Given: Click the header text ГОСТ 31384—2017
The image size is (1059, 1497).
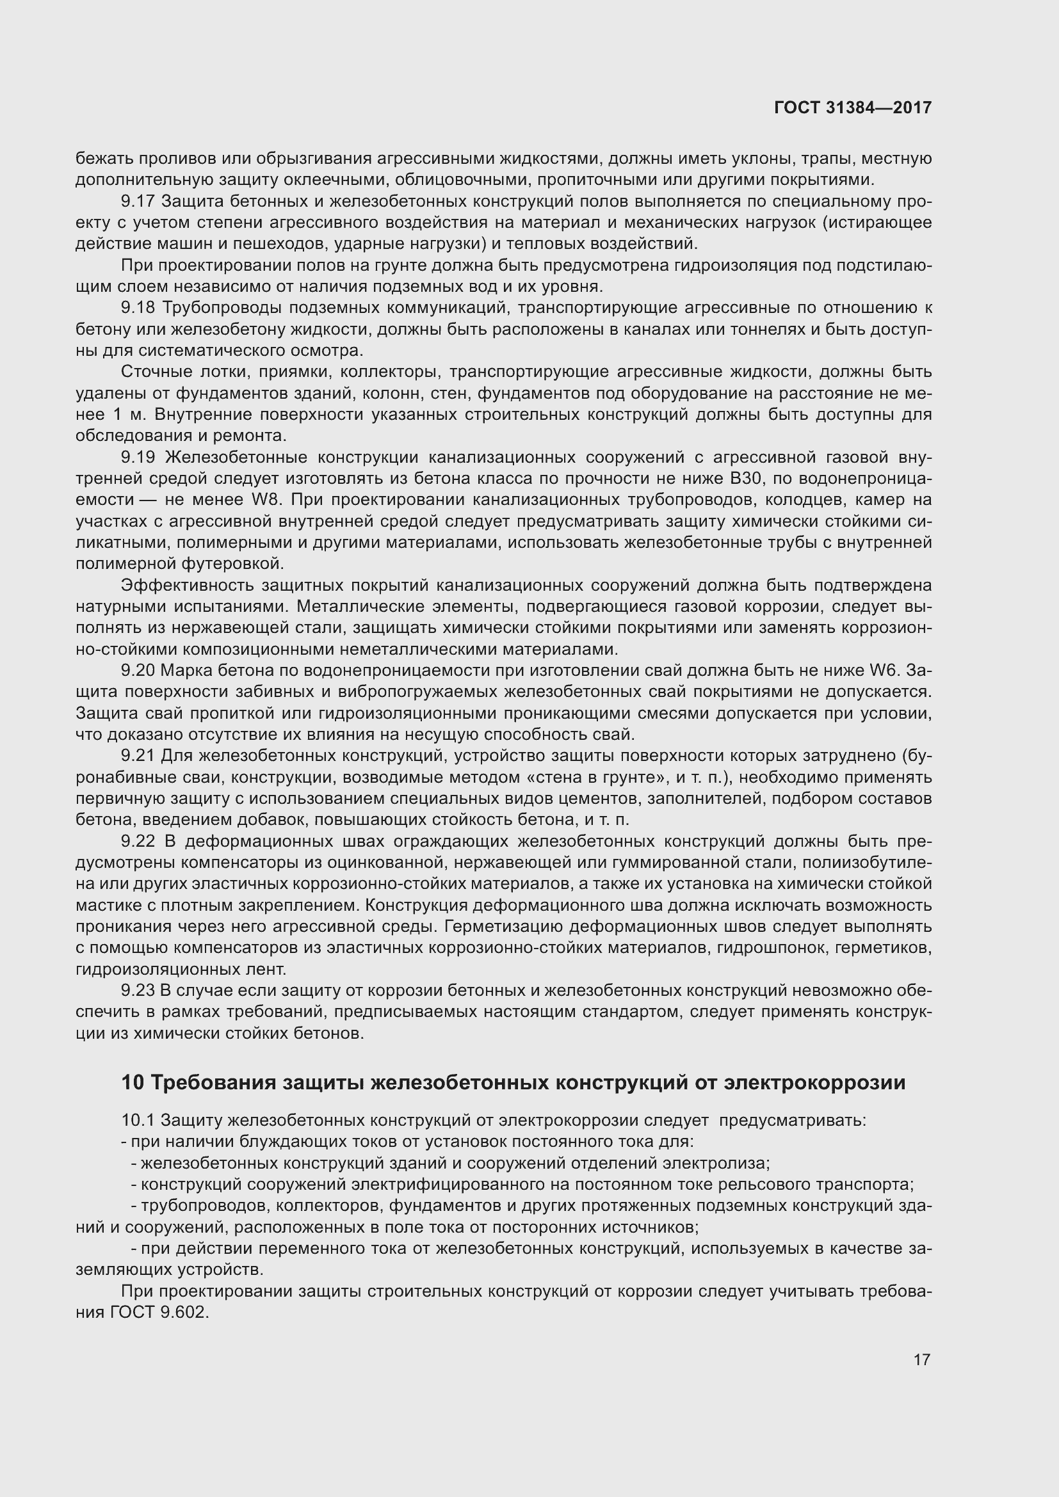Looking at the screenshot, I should tap(852, 108).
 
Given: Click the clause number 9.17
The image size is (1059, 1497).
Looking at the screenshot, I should tap(138, 202).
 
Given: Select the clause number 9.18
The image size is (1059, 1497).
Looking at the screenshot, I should tap(138, 308).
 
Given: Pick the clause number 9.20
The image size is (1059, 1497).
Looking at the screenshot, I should tap(138, 670).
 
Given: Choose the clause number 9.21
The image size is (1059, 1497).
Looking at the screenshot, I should tap(138, 756).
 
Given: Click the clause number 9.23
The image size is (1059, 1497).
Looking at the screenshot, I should tap(138, 990).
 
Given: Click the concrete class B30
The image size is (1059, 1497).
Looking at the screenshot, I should tap(742, 479).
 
